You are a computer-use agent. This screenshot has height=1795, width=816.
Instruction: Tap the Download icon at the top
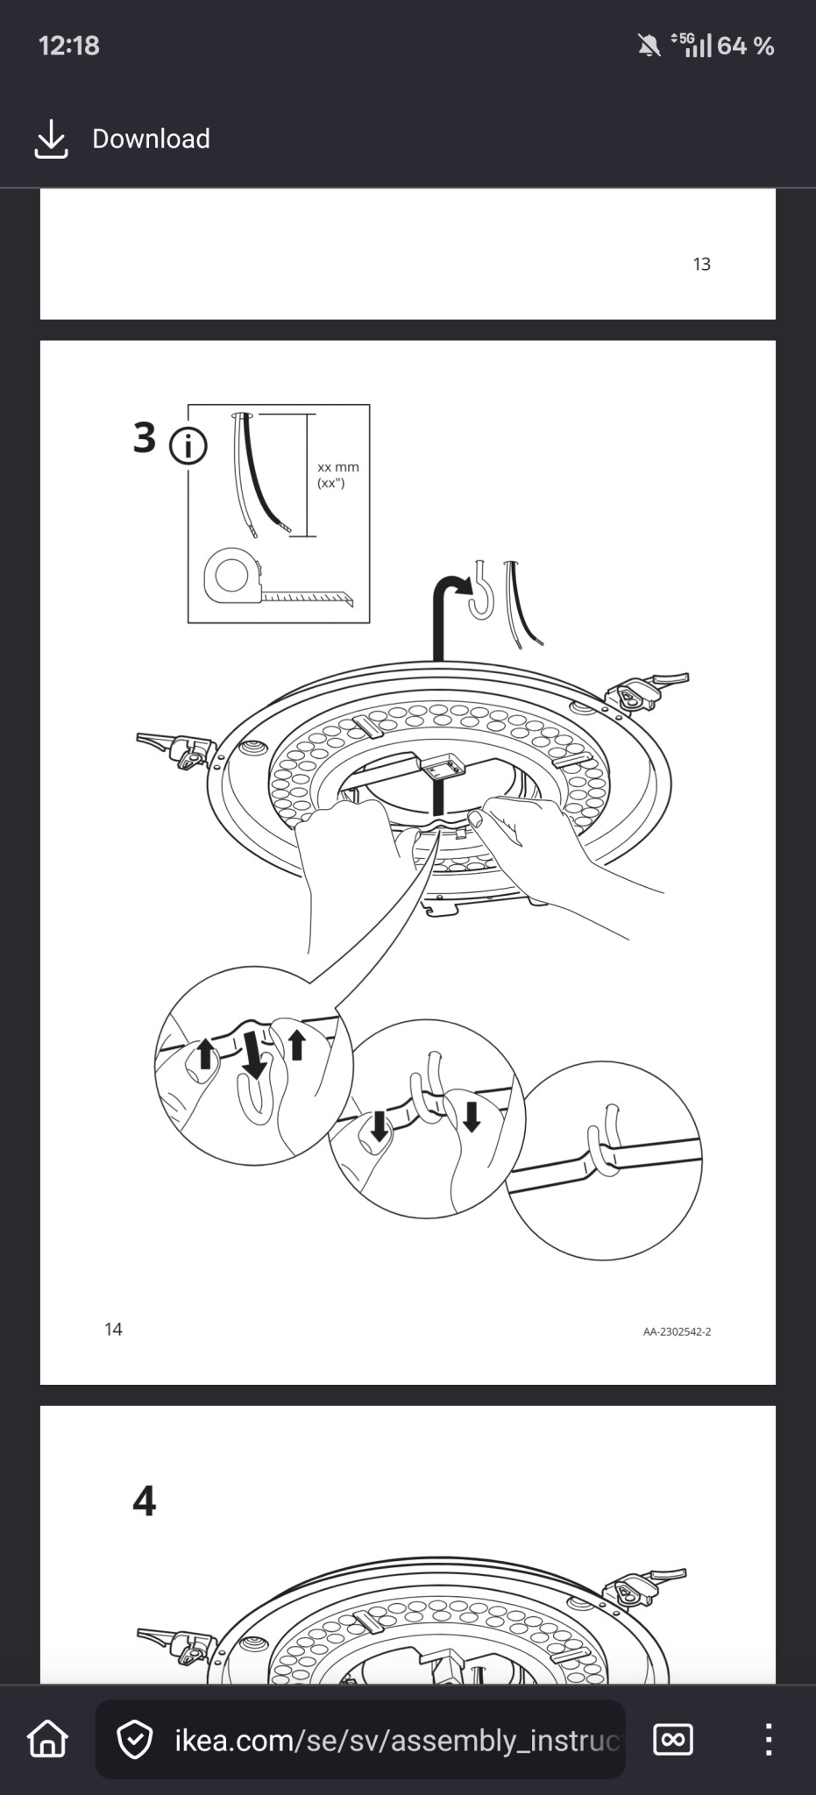coord(51,139)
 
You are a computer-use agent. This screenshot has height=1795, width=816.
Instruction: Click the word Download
coord(151,138)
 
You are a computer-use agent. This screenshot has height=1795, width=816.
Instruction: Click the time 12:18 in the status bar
coord(69,46)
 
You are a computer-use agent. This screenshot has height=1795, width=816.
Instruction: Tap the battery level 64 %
coord(745,46)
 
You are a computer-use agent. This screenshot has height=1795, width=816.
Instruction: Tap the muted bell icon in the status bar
coord(649,46)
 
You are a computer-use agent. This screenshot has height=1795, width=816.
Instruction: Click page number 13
coord(702,264)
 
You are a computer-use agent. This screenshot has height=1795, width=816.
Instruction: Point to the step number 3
coord(145,437)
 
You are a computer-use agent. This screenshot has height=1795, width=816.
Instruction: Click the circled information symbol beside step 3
coord(188,446)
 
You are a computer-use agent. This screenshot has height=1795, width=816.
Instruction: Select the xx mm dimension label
coord(338,467)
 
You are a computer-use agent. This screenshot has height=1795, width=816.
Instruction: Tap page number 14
coord(113,1329)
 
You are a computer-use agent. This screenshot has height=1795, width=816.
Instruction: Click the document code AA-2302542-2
coord(678,1331)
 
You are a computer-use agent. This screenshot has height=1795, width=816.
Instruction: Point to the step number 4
coord(145,1501)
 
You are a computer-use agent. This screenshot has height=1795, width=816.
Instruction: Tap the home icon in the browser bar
coord(48,1739)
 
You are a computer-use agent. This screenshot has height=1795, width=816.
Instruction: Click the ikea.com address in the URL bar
coord(397,1740)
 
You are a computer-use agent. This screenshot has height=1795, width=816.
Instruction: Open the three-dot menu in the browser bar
coord(768,1739)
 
